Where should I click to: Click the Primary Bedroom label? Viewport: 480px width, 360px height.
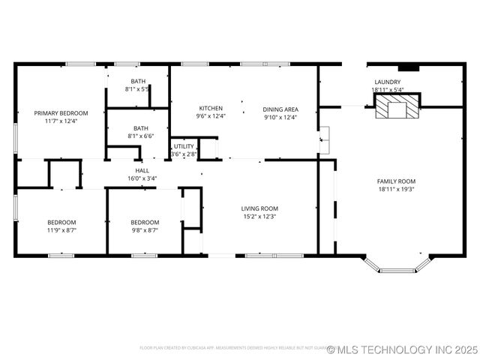tap(61, 113)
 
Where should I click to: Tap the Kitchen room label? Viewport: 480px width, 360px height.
tap(210, 108)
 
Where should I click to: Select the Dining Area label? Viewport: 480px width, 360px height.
tap(280, 109)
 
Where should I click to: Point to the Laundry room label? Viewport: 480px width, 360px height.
tap(387, 82)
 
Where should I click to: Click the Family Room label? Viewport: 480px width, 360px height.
tap(396, 181)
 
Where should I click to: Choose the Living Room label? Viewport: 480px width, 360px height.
tap(259, 208)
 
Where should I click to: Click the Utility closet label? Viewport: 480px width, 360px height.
tap(184, 146)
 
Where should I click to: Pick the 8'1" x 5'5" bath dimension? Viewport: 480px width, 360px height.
tap(138, 89)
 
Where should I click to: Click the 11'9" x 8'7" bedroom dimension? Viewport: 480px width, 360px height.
tap(61, 230)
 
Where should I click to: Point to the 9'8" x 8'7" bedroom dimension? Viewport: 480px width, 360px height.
tap(145, 230)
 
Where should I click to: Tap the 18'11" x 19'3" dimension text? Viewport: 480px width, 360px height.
tap(396, 190)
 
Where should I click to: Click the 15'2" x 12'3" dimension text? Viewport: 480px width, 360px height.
tap(259, 217)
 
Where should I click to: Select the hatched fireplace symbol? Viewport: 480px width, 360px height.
tap(397, 108)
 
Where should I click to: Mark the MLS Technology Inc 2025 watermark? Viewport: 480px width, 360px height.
tap(402, 349)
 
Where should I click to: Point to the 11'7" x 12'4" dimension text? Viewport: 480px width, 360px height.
tap(61, 121)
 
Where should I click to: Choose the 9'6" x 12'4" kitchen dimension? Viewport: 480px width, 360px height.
tap(211, 116)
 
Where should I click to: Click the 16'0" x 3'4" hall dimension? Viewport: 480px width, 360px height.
tap(141, 178)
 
